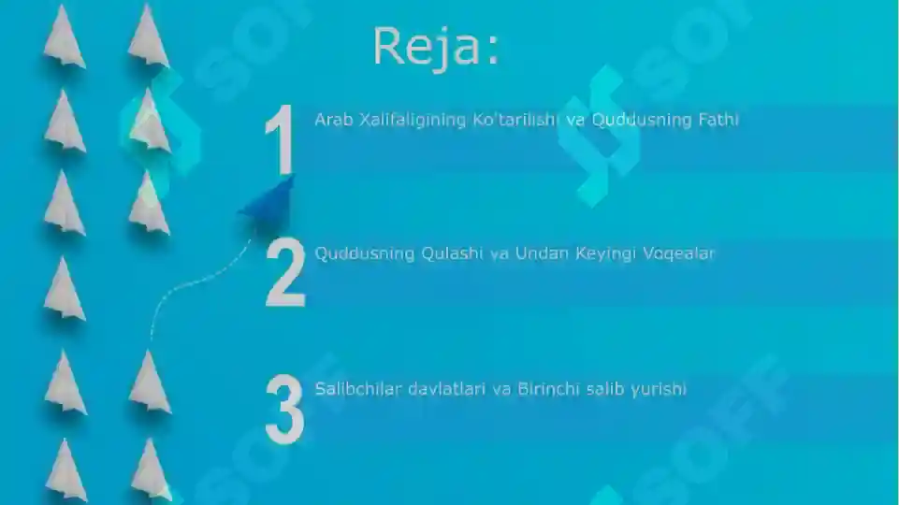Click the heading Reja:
436,47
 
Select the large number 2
285,273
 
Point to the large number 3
284,410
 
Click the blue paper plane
269,201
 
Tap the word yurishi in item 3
658,388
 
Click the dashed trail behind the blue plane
187,284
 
